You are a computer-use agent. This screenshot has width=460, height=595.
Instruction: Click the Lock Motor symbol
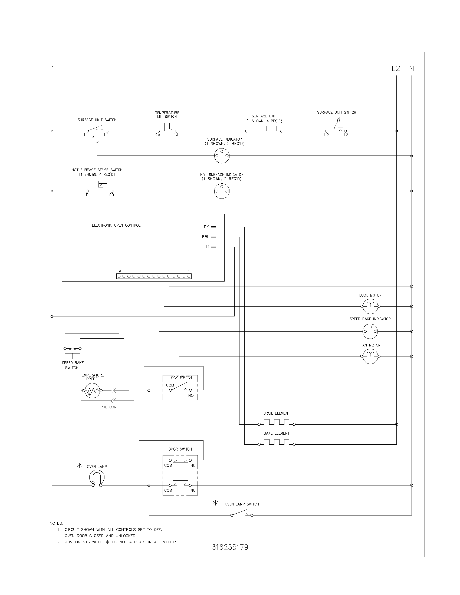pos(370,306)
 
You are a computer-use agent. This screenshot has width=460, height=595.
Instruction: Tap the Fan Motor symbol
pos(370,356)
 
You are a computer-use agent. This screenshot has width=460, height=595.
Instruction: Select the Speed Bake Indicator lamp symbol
pos(370,331)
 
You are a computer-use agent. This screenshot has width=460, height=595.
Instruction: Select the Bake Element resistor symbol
pos(277,443)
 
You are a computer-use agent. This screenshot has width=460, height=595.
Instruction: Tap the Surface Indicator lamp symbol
pos(222,156)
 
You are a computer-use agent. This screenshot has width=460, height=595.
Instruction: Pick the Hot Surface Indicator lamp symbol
pos(222,191)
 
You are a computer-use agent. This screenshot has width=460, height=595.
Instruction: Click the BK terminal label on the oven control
pos(206,227)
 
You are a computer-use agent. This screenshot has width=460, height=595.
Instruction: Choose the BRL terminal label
pos(205,237)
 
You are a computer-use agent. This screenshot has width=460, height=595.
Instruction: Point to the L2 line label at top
pos(396,68)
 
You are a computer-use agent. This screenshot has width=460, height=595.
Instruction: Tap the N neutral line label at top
pos(411,69)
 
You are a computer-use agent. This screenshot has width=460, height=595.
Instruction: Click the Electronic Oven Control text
pos(116,225)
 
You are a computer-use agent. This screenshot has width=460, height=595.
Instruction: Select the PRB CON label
pos(109,407)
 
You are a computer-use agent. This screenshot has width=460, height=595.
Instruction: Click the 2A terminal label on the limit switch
pos(158,135)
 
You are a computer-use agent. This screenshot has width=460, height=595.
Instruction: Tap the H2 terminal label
pos(326,135)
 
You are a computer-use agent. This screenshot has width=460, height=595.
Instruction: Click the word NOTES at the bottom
pos(56,523)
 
